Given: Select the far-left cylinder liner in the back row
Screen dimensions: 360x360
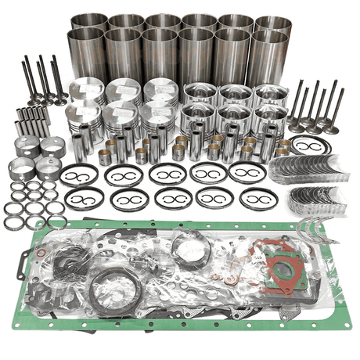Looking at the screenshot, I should coord(88,23).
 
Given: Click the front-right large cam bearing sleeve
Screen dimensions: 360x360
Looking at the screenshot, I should coord(53,169).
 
